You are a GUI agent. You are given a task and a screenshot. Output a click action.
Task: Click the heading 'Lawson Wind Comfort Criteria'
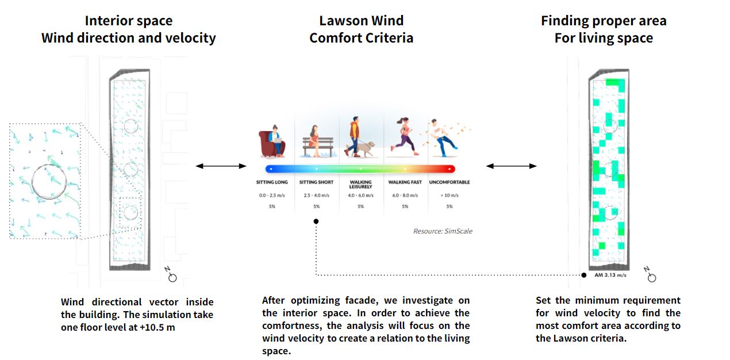click(x=361, y=30)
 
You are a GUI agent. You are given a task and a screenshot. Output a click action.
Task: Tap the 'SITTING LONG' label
click(x=272, y=182)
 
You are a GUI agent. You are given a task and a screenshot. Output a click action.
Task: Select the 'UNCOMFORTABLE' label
click(x=449, y=182)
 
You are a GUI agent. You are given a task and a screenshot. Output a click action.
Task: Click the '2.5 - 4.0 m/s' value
click(x=316, y=196)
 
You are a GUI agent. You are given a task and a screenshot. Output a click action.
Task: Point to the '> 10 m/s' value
click(x=449, y=196)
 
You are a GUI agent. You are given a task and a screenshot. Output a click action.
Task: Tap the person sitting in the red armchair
click(x=274, y=141)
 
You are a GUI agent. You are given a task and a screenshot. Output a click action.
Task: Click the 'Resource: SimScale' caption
click(x=443, y=231)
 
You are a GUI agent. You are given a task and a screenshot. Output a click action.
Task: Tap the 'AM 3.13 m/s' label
click(x=610, y=275)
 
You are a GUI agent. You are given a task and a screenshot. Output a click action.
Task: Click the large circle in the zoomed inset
click(x=49, y=181)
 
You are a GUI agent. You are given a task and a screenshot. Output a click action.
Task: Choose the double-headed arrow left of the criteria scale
click(x=221, y=166)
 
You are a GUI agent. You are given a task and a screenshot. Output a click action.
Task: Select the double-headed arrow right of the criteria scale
click(x=511, y=166)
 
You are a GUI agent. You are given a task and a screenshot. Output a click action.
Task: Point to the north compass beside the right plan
click(x=650, y=275)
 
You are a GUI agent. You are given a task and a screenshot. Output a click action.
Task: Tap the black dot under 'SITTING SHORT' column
click(x=316, y=221)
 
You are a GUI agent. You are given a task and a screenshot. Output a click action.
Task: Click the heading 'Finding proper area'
click(x=604, y=21)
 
